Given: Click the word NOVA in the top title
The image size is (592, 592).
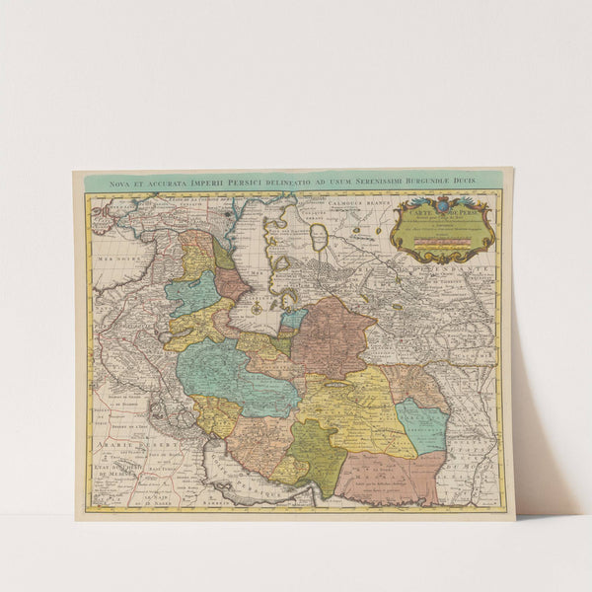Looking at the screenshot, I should [x=121, y=183].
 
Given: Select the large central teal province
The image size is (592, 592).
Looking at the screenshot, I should [x=237, y=375].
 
